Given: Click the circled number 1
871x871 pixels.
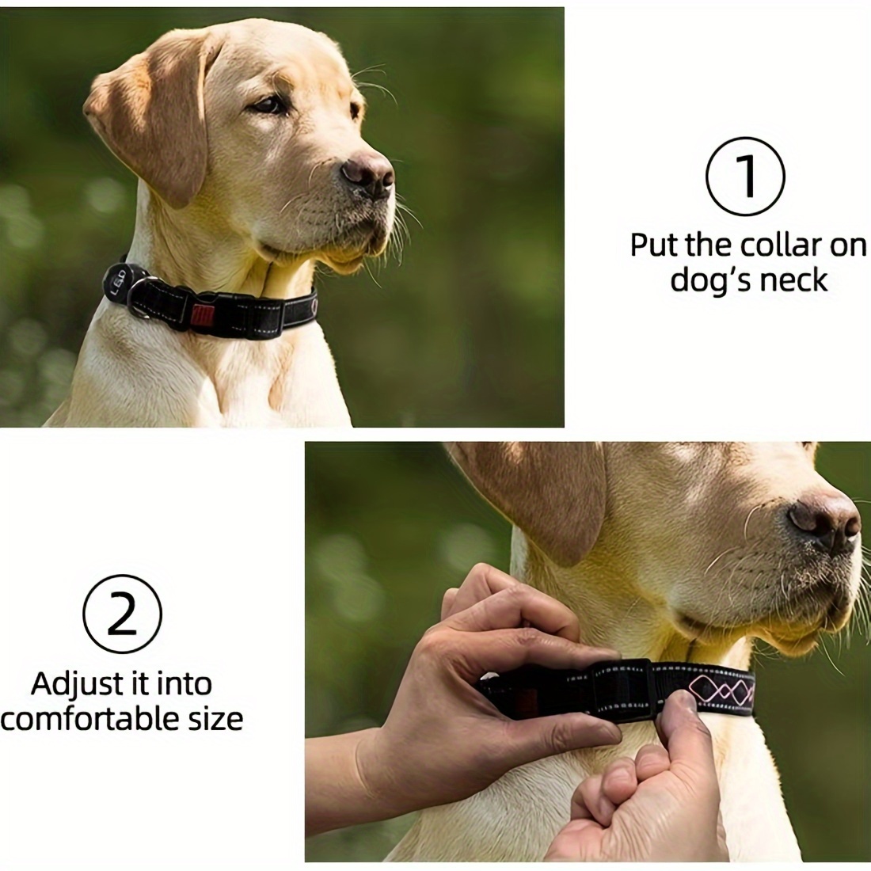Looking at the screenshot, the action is [x=745, y=177].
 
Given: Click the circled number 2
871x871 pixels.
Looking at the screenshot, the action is [x=122, y=614].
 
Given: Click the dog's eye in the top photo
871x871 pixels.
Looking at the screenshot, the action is [x=268, y=105].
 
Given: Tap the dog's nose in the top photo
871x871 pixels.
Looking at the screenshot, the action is [x=367, y=173].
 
